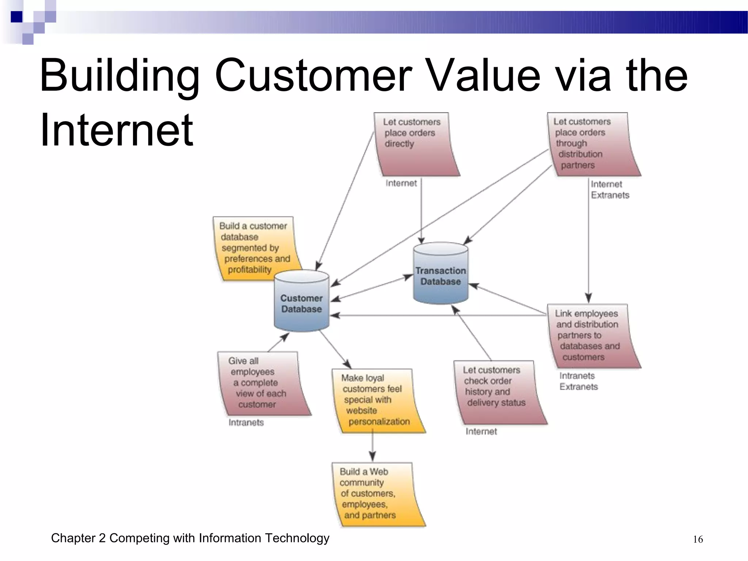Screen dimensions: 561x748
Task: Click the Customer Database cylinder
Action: pyautogui.click(x=301, y=303)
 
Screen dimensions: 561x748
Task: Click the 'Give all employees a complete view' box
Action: pyautogui.click(x=261, y=383)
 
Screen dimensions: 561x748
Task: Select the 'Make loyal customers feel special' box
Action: pyautogui.click(x=376, y=400)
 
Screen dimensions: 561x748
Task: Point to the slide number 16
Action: pyautogui.click(x=698, y=539)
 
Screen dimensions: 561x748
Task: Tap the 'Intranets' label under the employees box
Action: pyautogui.click(x=246, y=423)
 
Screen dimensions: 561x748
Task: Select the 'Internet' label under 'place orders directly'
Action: pyautogui.click(x=401, y=183)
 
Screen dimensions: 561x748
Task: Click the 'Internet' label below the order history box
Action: pyautogui.click(x=481, y=431)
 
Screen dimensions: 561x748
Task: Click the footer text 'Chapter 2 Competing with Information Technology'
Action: pyautogui.click(x=190, y=538)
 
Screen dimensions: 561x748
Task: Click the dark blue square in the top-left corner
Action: pyautogui.click(x=16, y=17)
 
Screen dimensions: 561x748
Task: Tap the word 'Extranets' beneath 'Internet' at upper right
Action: pyautogui.click(x=610, y=195)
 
